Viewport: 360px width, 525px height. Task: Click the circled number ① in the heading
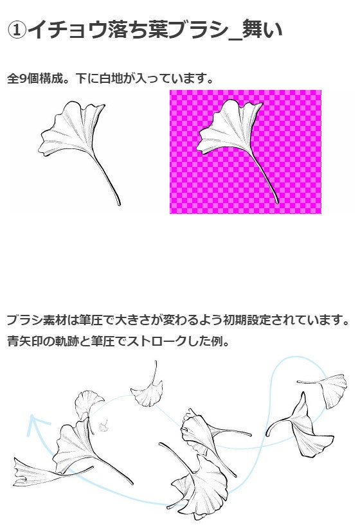point(17,30)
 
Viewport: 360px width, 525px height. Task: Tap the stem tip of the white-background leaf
point(119,204)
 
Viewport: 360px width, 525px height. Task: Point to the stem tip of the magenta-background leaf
point(277,202)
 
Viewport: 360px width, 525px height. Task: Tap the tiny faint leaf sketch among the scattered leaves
point(104,425)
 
